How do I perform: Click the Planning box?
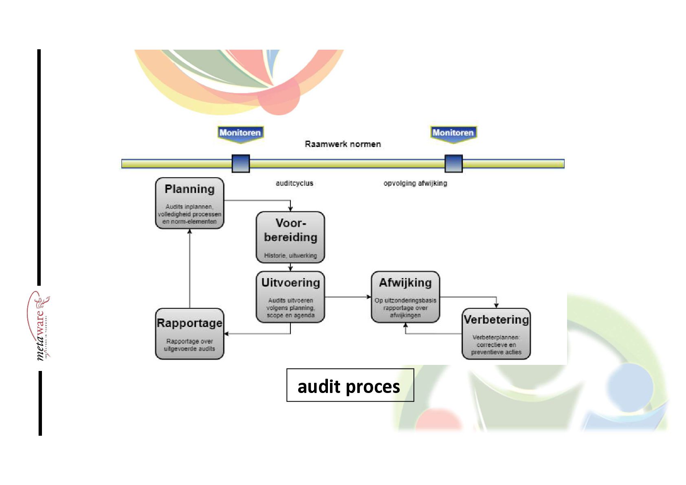point(189,203)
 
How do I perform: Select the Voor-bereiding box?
point(290,237)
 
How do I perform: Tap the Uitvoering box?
point(290,296)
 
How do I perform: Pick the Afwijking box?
point(405,296)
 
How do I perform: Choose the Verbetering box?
point(496,334)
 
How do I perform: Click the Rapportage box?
point(189,334)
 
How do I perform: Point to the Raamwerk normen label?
point(343,144)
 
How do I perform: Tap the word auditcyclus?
point(294,183)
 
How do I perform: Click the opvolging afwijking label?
point(415,183)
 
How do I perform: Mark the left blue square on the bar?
point(240,164)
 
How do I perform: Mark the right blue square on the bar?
point(453,164)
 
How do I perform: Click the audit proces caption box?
point(350,385)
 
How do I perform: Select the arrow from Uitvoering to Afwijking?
point(347,297)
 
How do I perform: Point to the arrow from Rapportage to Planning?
point(189,269)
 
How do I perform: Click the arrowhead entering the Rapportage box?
point(226,334)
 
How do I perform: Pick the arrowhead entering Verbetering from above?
point(496,305)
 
